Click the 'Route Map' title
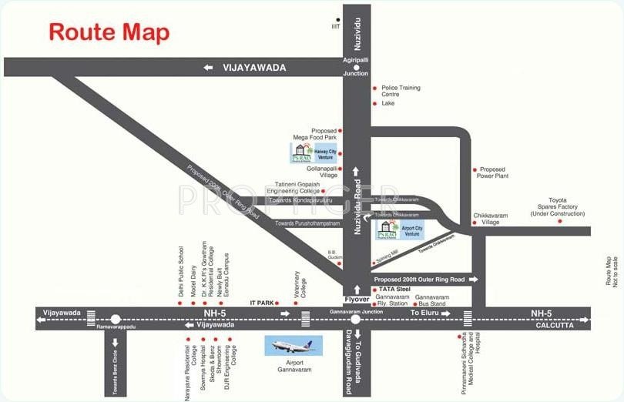click(x=109, y=32)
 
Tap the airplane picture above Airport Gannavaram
click(x=294, y=347)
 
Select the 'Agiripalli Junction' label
click(x=356, y=69)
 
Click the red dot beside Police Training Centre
click(x=374, y=88)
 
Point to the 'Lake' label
click(x=388, y=102)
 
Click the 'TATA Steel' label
click(x=392, y=290)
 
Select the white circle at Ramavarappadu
click(x=116, y=318)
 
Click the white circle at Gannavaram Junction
click(x=356, y=318)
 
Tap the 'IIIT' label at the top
click(x=335, y=28)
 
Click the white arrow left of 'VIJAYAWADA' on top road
click(x=208, y=68)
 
